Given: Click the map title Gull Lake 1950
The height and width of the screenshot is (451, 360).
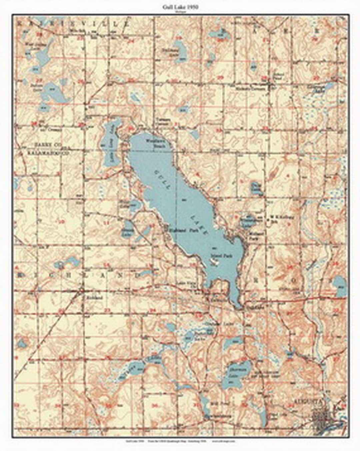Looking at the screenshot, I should [x=180, y=7].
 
